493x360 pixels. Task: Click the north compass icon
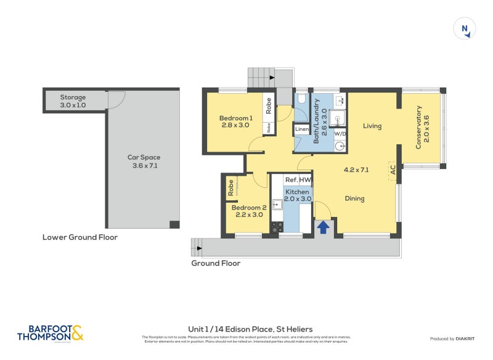pos(465,29)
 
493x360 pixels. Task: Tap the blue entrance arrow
pos(322,227)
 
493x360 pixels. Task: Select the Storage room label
pos(73,97)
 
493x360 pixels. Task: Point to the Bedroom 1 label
pos(235,118)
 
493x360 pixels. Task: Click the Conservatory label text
pos(418,127)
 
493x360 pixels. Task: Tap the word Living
pos(372,126)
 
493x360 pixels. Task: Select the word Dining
pos(354,198)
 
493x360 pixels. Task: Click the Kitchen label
pos(297,192)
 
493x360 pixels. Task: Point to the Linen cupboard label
pos(301,129)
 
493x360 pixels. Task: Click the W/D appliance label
pos(340,133)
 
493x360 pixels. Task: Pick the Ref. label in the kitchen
pos(291,180)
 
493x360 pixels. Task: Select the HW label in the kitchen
pos(305,180)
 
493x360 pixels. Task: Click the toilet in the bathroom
pos(301,99)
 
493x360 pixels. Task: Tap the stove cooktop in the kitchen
pos(277,227)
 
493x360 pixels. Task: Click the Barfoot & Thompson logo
pos(49,333)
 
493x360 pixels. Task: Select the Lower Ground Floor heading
pos(79,237)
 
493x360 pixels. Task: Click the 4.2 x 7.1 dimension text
pos(356,170)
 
